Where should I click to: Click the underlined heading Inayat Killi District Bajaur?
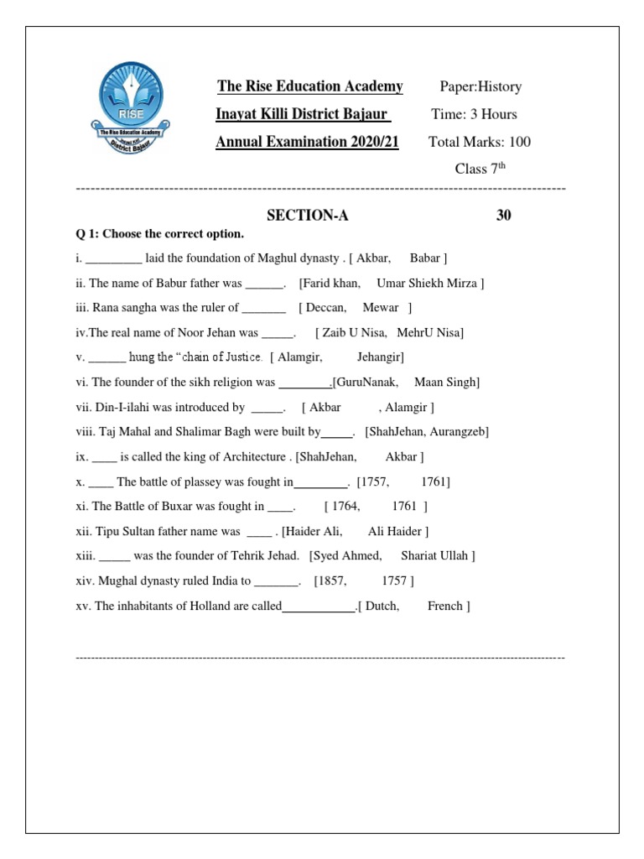pyautogui.click(x=304, y=114)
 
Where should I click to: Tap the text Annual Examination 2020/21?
pyautogui.click(x=307, y=142)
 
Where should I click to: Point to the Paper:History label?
pyautogui.click(x=480, y=86)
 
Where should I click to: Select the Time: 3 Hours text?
pyautogui.click(x=474, y=114)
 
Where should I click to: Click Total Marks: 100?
pyautogui.click(x=479, y=142)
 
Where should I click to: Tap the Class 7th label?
pyautogui.click(x=481, y=169)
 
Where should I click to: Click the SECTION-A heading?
pyautogui.click(x=307, y=216)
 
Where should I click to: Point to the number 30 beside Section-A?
pyautogui.click(x=503, y=216)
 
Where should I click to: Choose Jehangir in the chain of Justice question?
pyautogui.click(x=379, y=357)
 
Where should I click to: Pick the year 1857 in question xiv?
pyautogui.click(x=333, y=580)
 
